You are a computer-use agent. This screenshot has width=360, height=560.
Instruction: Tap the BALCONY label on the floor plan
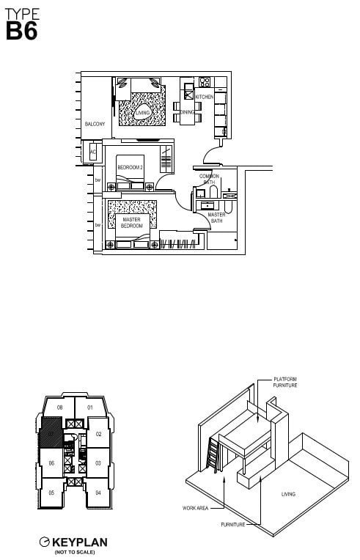point(95,125)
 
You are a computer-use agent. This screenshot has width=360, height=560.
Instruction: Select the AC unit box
point(93,152)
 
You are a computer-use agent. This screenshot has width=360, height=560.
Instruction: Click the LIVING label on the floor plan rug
point(142,112)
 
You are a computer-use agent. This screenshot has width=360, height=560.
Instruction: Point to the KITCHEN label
point(204,97)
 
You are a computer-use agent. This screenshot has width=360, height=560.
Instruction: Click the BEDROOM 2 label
point(130,168)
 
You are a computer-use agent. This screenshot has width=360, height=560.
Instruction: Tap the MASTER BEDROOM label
point(132,223)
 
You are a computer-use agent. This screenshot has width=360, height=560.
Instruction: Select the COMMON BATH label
point(210,179)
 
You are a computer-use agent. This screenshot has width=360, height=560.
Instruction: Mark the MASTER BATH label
point(216,218)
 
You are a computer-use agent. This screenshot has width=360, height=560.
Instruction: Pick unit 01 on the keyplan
point(90,407)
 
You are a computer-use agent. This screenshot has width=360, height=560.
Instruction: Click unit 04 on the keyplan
point(98,493)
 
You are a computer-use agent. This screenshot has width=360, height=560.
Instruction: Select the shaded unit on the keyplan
point(51,433)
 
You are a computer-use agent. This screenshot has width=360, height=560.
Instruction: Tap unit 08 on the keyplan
point(60,407)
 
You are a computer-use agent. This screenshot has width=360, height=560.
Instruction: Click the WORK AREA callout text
point(193,507)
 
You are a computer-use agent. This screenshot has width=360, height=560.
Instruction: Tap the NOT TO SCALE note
point(75,552)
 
